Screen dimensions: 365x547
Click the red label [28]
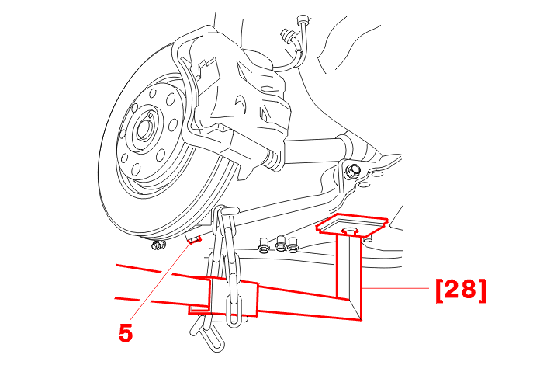461,290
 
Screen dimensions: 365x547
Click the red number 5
126,332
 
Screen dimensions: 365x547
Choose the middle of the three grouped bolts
281,244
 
